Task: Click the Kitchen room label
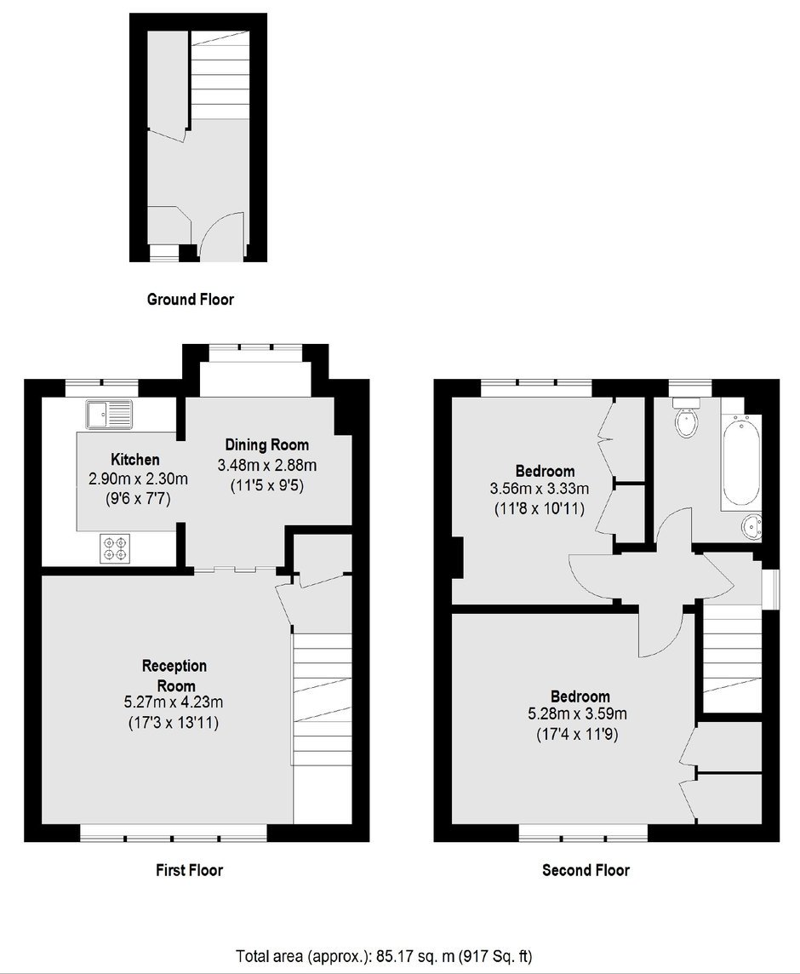point(134,460)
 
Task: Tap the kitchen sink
point(110,415)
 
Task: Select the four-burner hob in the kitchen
point(116,549)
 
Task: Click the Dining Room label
point(266,444)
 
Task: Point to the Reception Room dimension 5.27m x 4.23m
point(174,702)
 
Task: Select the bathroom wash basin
point(751,528)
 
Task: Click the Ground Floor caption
point(190,300)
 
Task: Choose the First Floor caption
point(189,870)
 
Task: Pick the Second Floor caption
point(586,870)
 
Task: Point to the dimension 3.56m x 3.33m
point(539,489)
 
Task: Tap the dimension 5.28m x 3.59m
point(577,714)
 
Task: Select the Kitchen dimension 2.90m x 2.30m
point(138,479)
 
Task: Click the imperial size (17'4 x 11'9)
point(577,735)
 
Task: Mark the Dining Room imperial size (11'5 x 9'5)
point(266,486)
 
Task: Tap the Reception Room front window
point(174,833)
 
